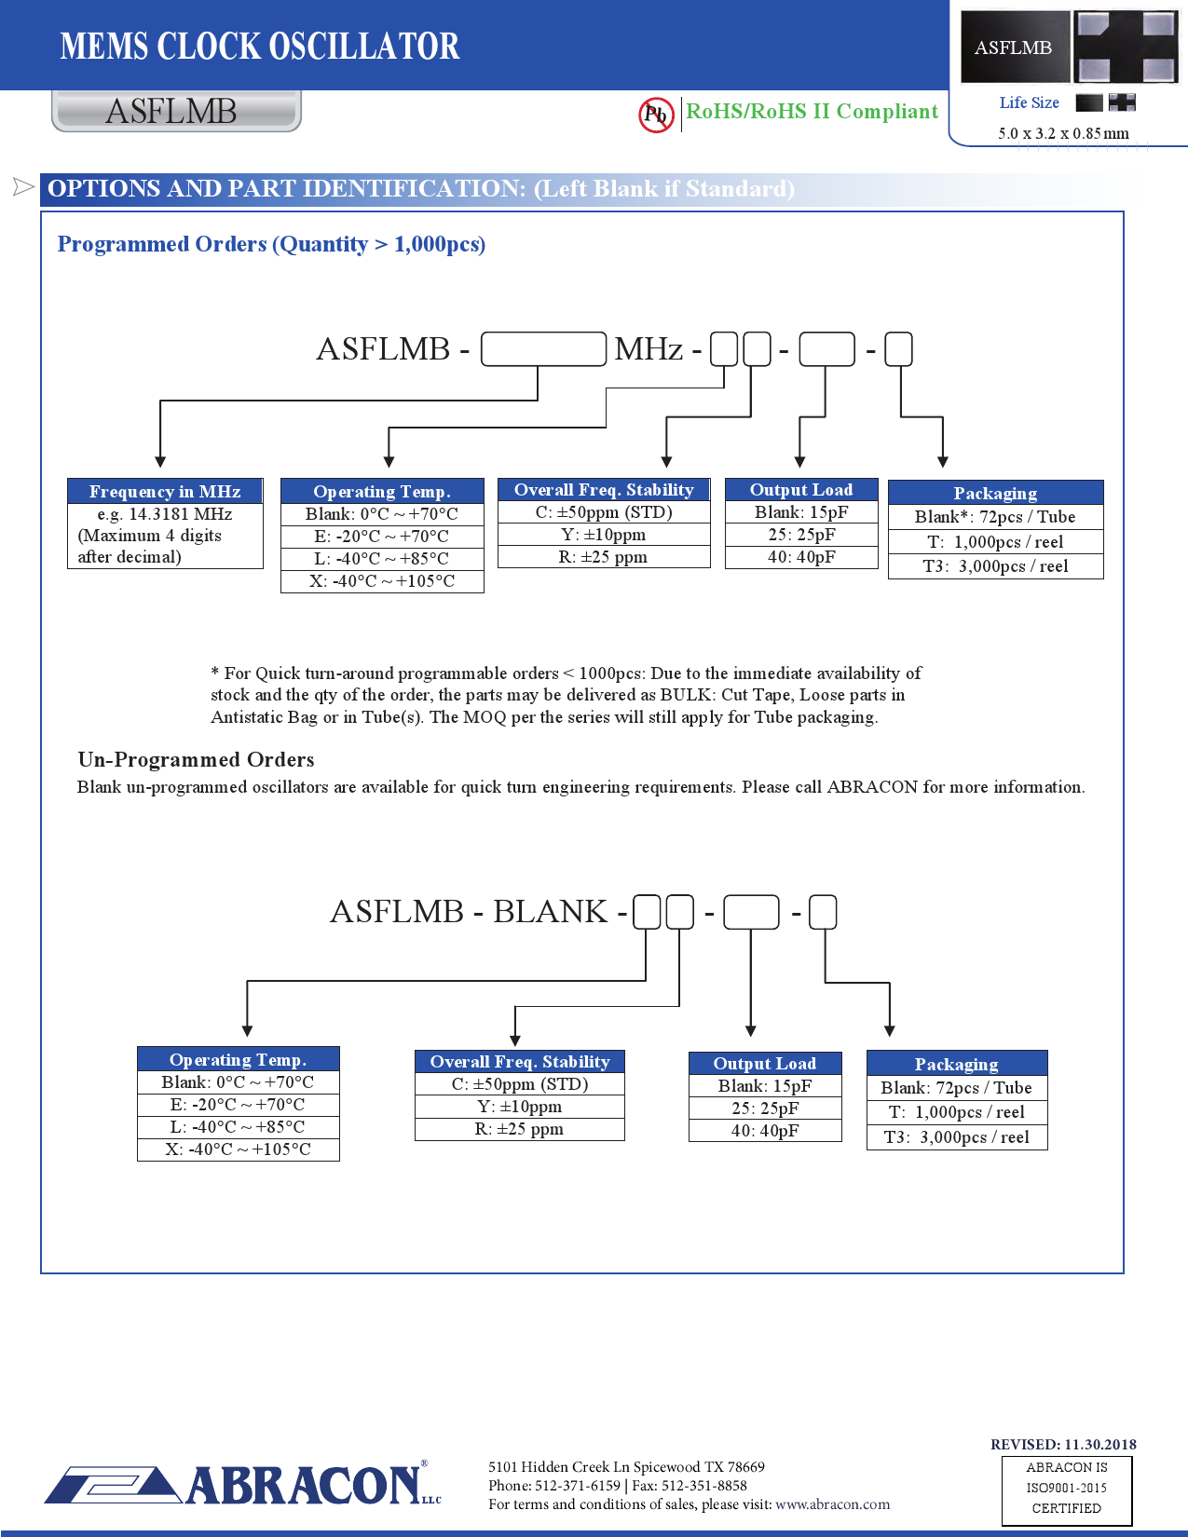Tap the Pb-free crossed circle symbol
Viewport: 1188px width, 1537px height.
coord(656,115)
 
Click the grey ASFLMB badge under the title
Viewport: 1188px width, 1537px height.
coord(176,112)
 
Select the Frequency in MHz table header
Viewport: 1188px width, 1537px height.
coord(165,492)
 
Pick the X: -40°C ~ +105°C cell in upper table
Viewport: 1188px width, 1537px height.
coord(382,581)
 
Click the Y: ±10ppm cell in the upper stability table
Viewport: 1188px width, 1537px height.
coord(604,535)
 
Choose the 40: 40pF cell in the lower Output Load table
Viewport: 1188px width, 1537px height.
coord(765,1131)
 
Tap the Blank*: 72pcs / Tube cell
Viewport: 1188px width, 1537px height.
coord(995,517)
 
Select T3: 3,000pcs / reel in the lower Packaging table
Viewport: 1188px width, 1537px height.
coord(957,1137)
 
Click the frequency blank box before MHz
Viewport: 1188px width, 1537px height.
coord(544,349)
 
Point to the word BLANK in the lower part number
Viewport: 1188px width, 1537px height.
coord(550,911)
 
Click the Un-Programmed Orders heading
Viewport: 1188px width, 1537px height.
coord(196,760)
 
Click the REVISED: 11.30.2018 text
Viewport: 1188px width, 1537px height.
coord(1063,1445)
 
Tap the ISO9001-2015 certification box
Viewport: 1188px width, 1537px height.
coord(1067,1489)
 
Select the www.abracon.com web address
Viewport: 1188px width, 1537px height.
coord(832,1504)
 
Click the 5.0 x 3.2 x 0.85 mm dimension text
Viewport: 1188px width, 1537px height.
coord(1063,133)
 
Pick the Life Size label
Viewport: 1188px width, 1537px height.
coord(1029,103)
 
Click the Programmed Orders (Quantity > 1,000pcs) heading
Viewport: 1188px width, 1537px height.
coord(271,244)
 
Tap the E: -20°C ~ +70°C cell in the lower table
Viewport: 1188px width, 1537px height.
coord(238,1105)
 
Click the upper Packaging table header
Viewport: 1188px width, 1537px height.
coord(995,493)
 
